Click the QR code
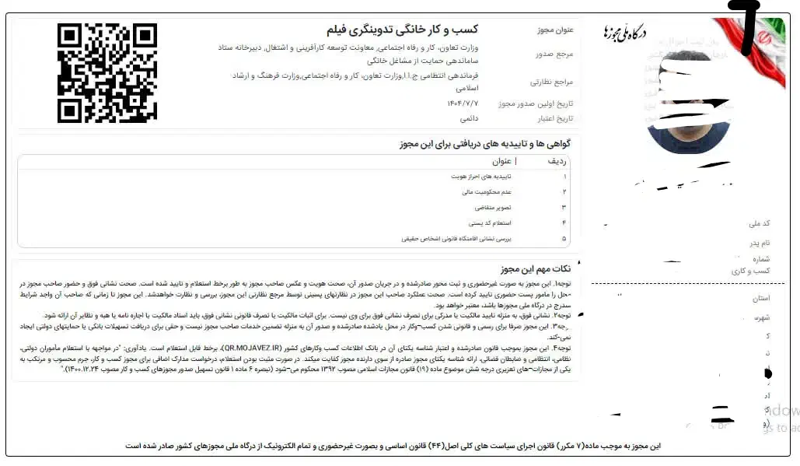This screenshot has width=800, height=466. tap(107, 72)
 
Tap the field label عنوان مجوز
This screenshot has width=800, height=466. tap(555, 30)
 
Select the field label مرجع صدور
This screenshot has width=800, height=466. tap(554, 54)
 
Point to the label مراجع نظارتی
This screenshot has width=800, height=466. tap(552, 81)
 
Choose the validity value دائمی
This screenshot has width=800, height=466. tap(470, 119)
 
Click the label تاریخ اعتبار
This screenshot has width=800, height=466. tap(554, 119)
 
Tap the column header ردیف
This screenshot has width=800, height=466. tap(557, 162)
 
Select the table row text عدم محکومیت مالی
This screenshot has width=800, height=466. tap(487, 191)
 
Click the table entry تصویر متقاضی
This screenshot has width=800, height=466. tap(492, 208)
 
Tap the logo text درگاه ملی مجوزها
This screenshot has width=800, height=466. tap(625, 32)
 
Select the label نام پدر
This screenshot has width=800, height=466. tap(760, 243)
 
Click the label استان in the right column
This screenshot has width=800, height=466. tap(761, 298)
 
